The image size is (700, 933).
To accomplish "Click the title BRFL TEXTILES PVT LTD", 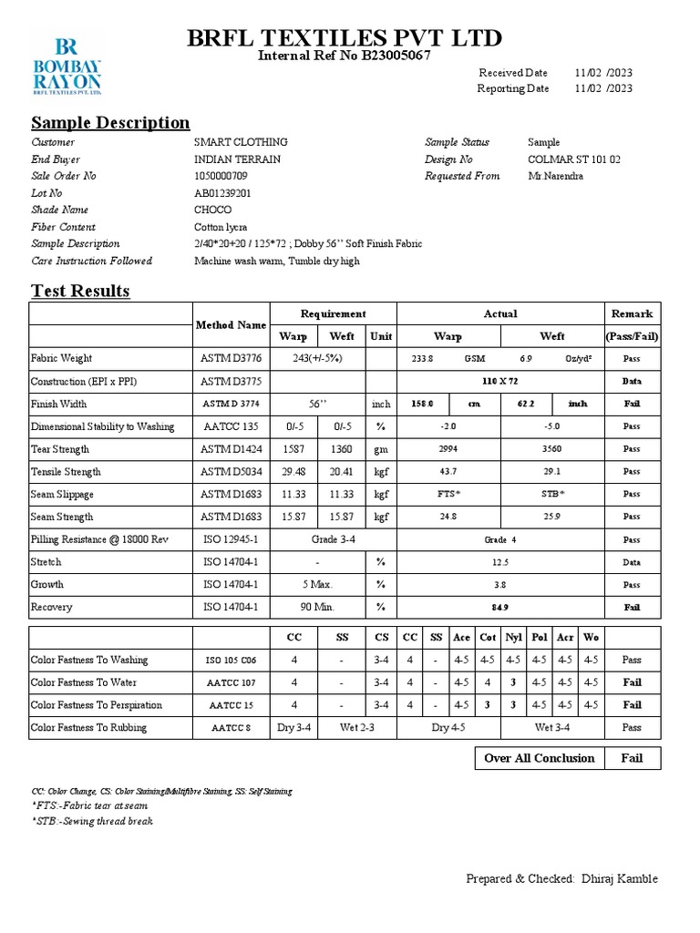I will pyautogui.click(x=344, y=38).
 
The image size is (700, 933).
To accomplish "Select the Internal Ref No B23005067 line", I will pyautogui.click(x=344, y=56).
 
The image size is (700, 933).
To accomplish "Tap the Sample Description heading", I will pyautogui.click(x=110, y=123).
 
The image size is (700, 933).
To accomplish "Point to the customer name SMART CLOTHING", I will pyautogui.click(x=241, y=142).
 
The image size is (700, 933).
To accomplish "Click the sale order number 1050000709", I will pyautogui.click(x=221, y=176).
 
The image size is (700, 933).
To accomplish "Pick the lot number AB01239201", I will pyautogui.click(x=222, y=193).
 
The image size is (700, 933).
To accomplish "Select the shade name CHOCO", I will pyautogui.click(x=213, y=210).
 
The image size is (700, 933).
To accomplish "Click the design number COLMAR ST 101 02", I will pyautogui.click(x=574, y=159).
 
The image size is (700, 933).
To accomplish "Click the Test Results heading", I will pyautogui.click(x=80, y=292).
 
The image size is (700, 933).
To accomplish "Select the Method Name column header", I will pyautogui.click(x=232, y=324).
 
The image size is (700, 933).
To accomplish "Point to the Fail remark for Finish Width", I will pyautogui.click(x=632, y=404).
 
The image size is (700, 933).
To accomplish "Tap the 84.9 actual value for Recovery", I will pyautogui.click(x=500, y=607).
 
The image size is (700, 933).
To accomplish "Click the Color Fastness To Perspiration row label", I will pyautogui.click(x=97, y=705).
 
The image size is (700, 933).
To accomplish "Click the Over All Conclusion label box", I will pyautogui.click(x=539, y=758).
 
